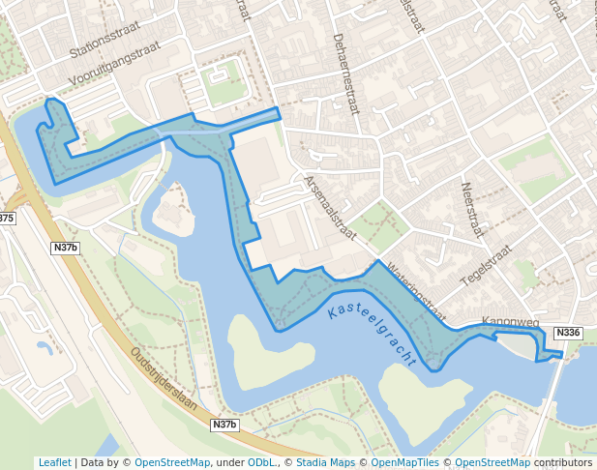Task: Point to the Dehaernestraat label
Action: pyautogui.click(x=345, y=74)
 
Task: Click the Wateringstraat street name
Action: pyautogui.click(x=415, y=290)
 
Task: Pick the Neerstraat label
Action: pyautogui.click(x=470, y=211)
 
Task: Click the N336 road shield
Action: pyautogui.click(x=568, y=333)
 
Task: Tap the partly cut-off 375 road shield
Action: pyautogui.click(x=7, y=219)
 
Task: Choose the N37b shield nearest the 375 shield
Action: pyautogui.click(x=65, y=249)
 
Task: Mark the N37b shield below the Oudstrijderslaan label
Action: pyautogui.click(x=224, y=425)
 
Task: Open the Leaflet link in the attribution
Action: pyautogui.click(x=54, y=463)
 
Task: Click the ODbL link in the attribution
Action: pyautogui.click(x=260, y=463)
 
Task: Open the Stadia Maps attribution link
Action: pyautogui.click(x=325, y=463)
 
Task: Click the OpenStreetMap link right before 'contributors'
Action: pyautogui.click(x=492, y=463)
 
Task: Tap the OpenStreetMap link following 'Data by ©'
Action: pyautogui.click(x=171, y=463)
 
